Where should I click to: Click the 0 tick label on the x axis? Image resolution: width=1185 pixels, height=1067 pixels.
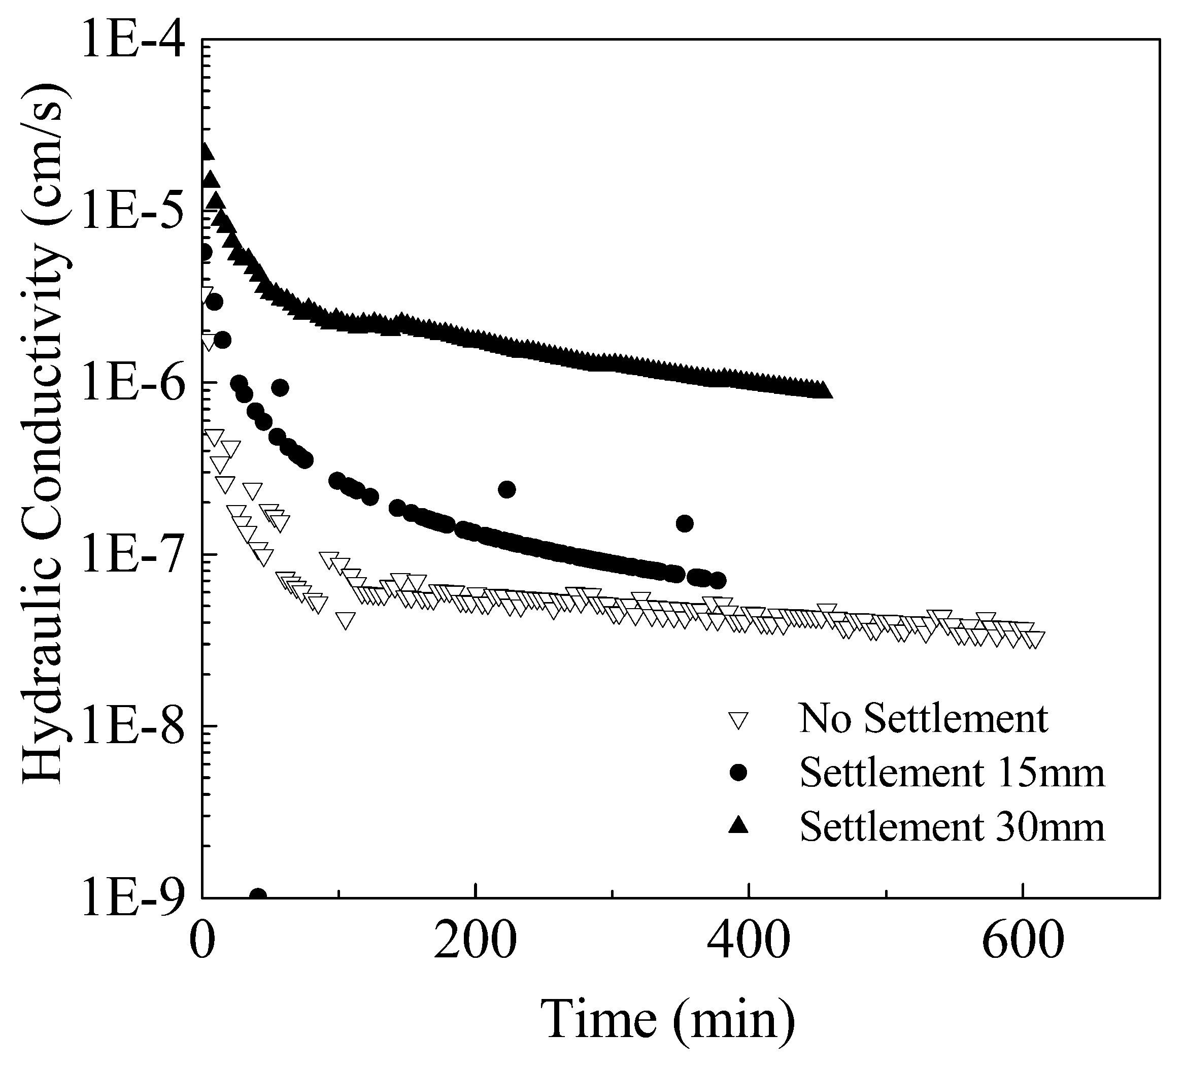tap(202, 941)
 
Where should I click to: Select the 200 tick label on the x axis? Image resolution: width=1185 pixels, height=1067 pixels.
tap(476, 941)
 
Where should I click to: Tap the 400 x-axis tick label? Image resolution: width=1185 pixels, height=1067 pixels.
tap(749, 941)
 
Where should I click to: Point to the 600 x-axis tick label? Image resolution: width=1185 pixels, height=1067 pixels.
tap(1022, 941)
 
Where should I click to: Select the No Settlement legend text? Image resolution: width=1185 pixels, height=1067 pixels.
tap(924, 718)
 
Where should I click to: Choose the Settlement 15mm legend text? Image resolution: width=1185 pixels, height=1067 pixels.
tap(952, 773)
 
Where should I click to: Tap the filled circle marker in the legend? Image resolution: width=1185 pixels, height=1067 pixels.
tap(739, 773)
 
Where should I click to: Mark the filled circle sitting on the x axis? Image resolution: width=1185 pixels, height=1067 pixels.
tap(258, 896)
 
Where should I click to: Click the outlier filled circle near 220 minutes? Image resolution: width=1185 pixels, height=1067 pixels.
tap(507, 489)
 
